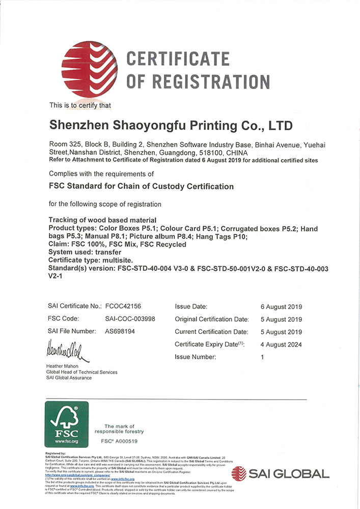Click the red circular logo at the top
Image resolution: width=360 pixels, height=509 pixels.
(x=90, y=69)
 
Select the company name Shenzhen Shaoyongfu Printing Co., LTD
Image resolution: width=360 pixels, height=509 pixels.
(x=171, y=125)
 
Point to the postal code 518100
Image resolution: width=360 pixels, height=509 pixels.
(x=210, y=153)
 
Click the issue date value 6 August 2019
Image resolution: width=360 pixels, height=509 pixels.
(x=281, y=307)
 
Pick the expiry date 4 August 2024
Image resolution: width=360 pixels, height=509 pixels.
(x=281, y=345)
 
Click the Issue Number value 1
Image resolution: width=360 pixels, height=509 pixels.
(x=262, y=357)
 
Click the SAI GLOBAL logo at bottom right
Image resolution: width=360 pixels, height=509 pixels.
(x=280, y=474)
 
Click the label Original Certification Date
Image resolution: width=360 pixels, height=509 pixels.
(x=212, y=319)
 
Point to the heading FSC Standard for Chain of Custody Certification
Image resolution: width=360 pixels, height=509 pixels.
(x=141, y=187)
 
